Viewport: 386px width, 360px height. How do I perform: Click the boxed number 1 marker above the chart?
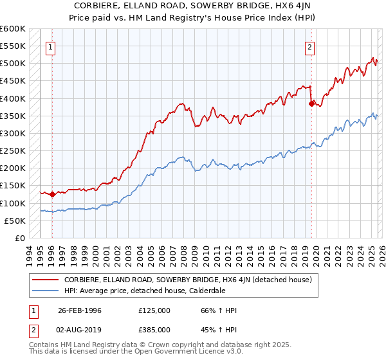click(x=50, y=46)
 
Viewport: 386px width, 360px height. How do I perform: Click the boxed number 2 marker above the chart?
click(x=310, y=46)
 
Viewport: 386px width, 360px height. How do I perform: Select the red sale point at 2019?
click(x=311, y=104)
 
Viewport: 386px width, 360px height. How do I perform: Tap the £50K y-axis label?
click(x=15, y=221)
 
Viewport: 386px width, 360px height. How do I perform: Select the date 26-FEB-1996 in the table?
click(x=80, y=310)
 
